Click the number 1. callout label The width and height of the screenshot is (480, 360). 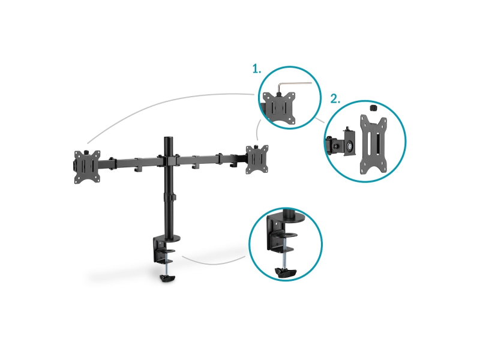pos(257,68)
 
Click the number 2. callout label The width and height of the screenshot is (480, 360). pos(335,99)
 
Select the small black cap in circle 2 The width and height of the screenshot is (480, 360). pos(373,108)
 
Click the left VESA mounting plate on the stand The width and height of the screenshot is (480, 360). pos(87,167)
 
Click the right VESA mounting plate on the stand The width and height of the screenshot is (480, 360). pos(257,160)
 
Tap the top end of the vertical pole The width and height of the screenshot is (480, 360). pos(168,139)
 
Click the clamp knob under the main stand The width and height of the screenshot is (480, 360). pos(167,278)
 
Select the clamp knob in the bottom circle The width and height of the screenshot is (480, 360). pos(286,272)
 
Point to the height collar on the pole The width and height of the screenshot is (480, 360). pos(169,197)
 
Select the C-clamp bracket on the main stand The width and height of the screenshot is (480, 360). pos(160,250)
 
